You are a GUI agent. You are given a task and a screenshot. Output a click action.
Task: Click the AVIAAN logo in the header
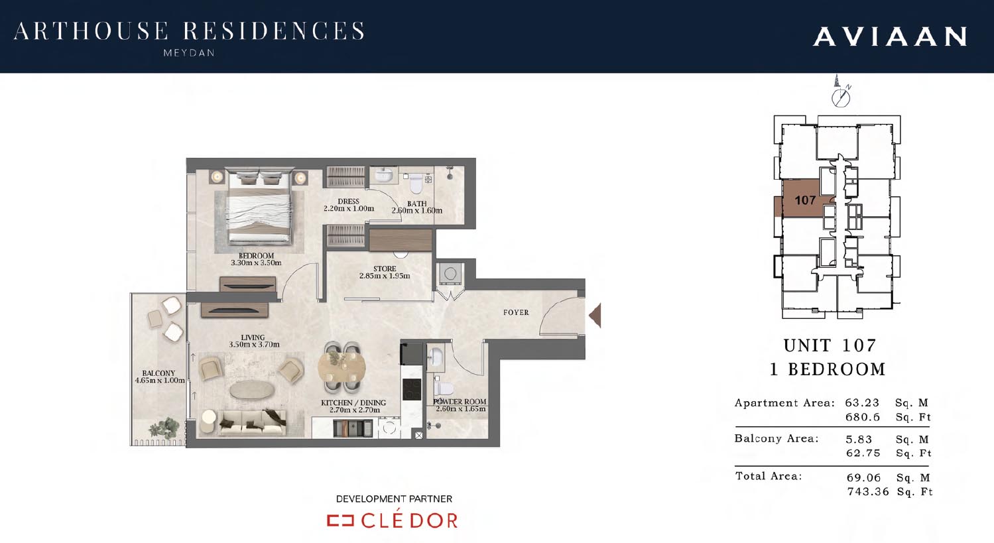tap(890, 36)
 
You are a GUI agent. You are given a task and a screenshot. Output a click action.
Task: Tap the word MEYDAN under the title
tap(189, 53)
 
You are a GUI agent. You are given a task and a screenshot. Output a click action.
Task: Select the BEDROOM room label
tap(256, 255)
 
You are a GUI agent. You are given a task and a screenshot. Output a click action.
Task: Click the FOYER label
tap(516, 312)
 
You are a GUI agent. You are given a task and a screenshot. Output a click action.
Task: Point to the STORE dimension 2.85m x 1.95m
tap(385, 276)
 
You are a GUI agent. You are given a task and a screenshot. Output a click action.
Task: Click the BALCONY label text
tap(158, 373)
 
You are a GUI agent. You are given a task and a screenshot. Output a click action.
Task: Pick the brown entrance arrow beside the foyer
tap(595, 316)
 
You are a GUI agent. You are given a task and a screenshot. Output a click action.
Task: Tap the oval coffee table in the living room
tap(251, 391)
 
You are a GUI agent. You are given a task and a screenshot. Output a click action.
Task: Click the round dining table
tap(342, 367)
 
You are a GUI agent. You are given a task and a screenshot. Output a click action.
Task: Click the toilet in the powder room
tap(444, 388)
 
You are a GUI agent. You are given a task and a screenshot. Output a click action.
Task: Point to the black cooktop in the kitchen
tap(412, 389)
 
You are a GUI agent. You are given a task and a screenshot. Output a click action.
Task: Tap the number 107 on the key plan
tap(805, 200)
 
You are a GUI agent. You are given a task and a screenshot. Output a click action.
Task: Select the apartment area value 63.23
tap(862, 402)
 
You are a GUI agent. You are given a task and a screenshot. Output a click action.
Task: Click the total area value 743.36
tap(868, 491)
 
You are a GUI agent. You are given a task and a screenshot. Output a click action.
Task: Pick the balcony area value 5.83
tap(859, 439)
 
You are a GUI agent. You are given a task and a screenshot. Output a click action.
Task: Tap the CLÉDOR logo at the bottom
tap(393, 520)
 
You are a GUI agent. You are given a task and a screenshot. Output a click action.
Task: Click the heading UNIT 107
tap(830, 345)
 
